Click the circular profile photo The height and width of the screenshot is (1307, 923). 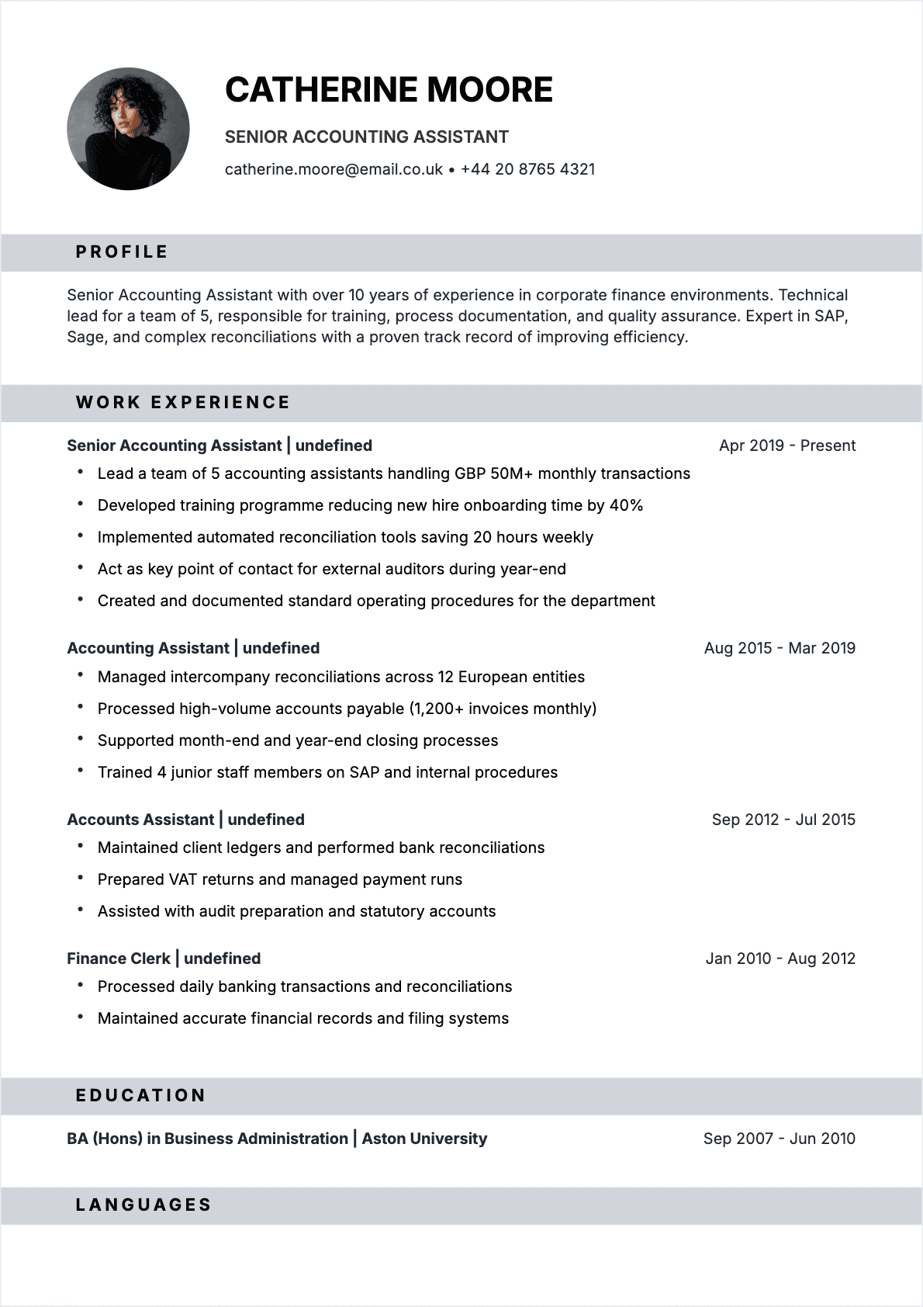(x=128, y=129)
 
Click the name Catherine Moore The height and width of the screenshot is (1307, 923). (x=389, y=90)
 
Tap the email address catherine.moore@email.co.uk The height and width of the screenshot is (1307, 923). (x=334, y=169)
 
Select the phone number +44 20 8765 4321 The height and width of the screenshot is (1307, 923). (x=527, y=169)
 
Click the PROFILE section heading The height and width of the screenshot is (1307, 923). (x=122, y=252)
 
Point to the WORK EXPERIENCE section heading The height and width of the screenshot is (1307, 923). (x=183, y=403)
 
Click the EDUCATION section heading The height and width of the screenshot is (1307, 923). (x=141, y=1096)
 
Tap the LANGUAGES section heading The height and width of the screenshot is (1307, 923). (x=143, y=1205)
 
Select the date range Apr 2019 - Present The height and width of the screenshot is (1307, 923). (x=786, y=445)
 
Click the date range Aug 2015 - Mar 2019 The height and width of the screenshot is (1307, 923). (x=780, y=648)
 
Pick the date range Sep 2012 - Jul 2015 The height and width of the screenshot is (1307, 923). (x=783, y=820)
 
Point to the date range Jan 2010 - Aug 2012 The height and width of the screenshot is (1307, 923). (x=780, y=959)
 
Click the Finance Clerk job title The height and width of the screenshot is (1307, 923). (x=119, y=959)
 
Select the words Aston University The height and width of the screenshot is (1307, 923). (x=424, y=1139)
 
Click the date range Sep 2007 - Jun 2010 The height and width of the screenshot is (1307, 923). (x=779, y=1139)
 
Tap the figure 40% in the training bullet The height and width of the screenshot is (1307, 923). (x=626, y=505)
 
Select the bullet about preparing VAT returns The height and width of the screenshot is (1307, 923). (x=279, y=879)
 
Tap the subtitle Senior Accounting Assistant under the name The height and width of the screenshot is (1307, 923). (x=366, y=137)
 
